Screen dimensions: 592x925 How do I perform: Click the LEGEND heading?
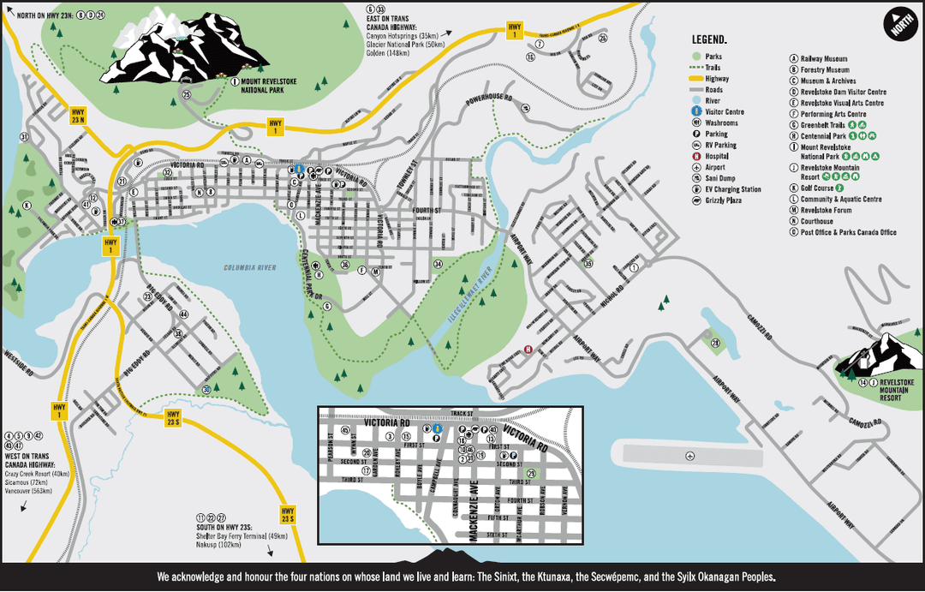pos(709,39)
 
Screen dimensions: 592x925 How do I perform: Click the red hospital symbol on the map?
pos(528,350)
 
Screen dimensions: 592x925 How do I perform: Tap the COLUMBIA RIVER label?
pos(250,268)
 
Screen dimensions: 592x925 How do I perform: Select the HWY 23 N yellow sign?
pos(77,116)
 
